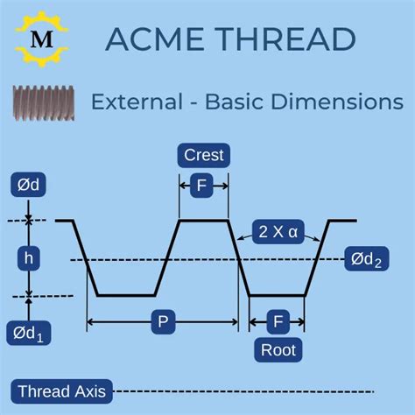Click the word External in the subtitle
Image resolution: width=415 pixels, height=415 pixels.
pos(137,102)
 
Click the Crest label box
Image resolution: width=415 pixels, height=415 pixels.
pos(204,156)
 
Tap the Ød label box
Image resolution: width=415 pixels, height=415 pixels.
pos(28,185)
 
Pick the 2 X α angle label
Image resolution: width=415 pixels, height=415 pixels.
pos(279,232)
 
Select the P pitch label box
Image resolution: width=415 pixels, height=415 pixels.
pos(162,322)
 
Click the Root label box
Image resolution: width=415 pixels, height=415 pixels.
pos(278,350)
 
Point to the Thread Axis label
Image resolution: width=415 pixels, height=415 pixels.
pos(60,391)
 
